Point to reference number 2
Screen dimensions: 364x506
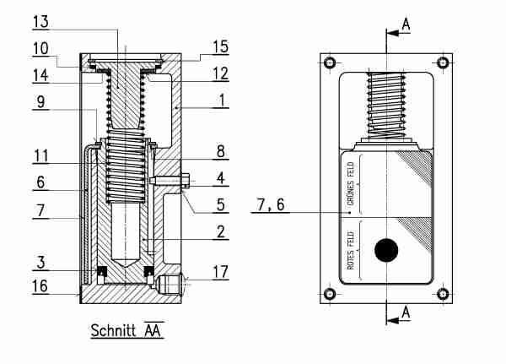[x=218, y=230]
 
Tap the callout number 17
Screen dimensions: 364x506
[x=219, y=272]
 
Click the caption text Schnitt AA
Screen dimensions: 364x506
[x=126, y=331]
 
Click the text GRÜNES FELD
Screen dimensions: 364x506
[x=350, y=181]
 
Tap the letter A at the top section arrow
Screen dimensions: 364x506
[x=406, y=24]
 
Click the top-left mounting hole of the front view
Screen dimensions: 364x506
[x=330, y=62]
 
